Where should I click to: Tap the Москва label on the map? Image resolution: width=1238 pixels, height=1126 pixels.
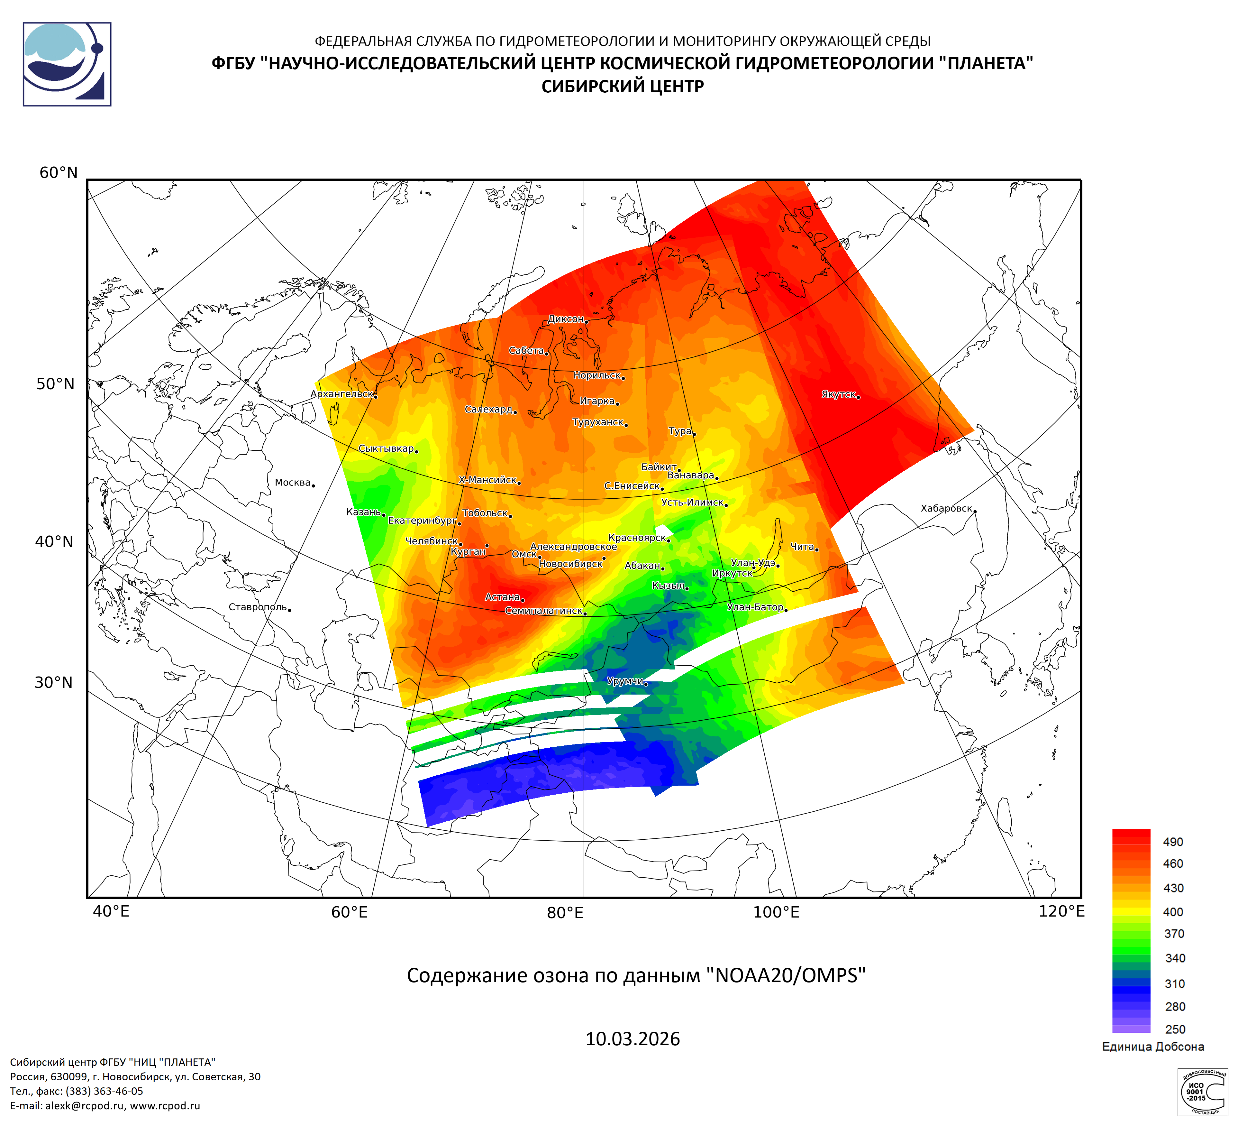pos(292,482)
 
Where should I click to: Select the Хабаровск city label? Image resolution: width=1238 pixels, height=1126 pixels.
pos(946,508)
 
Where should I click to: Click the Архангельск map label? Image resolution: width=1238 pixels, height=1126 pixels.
pos(341,394)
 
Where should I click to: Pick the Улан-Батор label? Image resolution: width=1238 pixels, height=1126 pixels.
pos(755,607)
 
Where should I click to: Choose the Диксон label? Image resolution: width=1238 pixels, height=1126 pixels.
pos(565,319)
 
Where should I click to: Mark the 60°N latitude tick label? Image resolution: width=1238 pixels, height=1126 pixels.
pos(58,173)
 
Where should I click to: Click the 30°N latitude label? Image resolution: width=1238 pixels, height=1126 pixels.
pos(53,682)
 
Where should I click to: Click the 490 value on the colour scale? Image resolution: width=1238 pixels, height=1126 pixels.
pos(1173,842)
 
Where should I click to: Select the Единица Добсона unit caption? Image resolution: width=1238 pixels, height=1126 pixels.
pos(1153,1046)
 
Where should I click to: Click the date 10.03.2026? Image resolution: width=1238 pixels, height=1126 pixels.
pos(633,1039)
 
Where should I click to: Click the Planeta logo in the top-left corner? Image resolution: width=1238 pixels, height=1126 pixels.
pos(67,64)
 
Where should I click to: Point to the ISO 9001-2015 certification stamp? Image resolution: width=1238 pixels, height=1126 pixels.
pos(1202,1092)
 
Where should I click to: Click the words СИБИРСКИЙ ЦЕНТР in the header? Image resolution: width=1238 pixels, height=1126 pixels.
pos(622,86)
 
